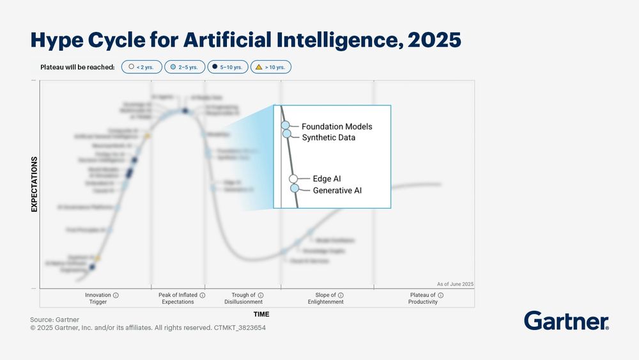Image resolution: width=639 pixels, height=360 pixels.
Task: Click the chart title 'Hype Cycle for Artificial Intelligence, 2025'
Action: [x=245, y=40]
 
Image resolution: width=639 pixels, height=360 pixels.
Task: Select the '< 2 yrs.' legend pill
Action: [x=141, y=67]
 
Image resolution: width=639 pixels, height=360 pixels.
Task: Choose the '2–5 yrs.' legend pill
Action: [x=185, y=67]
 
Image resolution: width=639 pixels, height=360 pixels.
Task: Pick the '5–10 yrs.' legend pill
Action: [x=227, y=67]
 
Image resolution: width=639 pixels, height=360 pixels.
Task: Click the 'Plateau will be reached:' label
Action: [x=77, y=67]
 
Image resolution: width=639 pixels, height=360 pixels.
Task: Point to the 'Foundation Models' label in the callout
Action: [x=337, y=127]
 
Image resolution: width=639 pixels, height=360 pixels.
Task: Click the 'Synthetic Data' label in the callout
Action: [x=328, y=137]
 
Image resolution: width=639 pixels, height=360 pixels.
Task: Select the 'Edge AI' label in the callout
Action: [x=327, y=179]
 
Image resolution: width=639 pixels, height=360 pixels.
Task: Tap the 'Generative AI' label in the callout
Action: [x=337, y=190]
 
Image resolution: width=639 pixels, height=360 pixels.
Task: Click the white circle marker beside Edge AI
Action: [x=293, y=179]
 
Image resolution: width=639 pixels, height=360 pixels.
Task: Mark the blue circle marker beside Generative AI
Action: [x=295, y=188]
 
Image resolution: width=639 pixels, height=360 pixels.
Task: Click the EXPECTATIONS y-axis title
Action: [x=35, y=184]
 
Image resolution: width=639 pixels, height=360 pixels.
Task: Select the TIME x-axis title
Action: [x=261, y=314]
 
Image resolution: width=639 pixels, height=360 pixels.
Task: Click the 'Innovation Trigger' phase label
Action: [x=98, y=299]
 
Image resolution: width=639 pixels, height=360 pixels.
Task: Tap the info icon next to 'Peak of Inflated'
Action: [x=203, y=295]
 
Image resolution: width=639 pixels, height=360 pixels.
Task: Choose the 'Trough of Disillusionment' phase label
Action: [x=243, y=299]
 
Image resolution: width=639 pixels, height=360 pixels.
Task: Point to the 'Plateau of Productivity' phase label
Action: [x=423, y=299]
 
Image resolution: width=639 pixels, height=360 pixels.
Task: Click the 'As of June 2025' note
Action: [x=455, y=284]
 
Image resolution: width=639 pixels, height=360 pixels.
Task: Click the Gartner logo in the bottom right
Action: [x=566, y=321]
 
